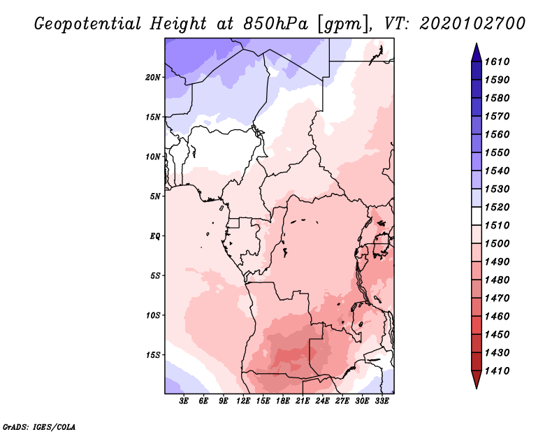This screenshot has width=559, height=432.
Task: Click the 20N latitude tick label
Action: [x=153, y=77]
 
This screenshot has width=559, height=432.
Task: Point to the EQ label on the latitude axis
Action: [x=155, y=236]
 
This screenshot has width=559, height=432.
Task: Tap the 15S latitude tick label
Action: [x=153, y=354]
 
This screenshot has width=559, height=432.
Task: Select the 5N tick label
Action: [x=155, y=196]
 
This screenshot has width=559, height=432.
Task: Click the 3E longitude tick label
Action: [x=184, y=401]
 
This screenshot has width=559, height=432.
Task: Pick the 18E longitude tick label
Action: [x=283, y=401]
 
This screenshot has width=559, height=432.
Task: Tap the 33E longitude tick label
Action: [x=382, y=401]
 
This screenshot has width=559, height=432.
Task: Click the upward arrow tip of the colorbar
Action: [x=476, y=45]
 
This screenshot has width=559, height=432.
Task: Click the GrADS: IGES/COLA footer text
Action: [x=30, y=425]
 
